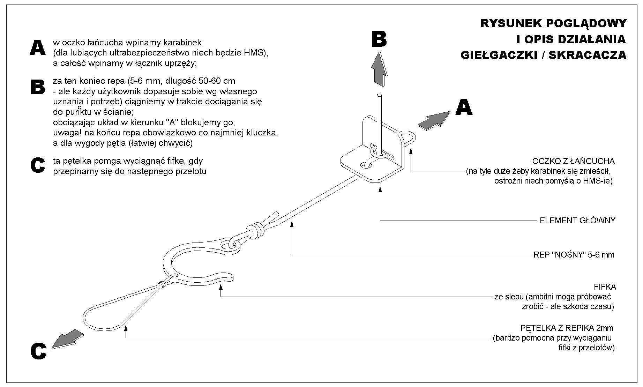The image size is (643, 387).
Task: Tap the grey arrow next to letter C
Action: click(x=67, y=338)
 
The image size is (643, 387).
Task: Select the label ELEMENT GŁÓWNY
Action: click(x=577, y=221)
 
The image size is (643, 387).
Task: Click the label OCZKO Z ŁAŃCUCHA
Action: click(x=573, y=161)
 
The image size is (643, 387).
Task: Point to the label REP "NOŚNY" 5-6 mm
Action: click(x=574, y=255)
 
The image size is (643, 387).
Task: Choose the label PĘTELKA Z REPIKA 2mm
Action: click(x=567, y=328)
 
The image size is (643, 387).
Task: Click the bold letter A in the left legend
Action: click(x=37, y=48)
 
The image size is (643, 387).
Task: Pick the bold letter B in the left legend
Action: click(x=38, y=87)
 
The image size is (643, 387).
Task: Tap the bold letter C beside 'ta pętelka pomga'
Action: click(x=38, y=165)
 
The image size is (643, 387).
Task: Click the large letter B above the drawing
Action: click(x=379, y=39)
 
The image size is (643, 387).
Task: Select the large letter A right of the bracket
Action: click(x=464, y=107)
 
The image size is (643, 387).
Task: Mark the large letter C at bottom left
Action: click(x=38, y=351)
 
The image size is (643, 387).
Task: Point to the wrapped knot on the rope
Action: click(x=256, y=230)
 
